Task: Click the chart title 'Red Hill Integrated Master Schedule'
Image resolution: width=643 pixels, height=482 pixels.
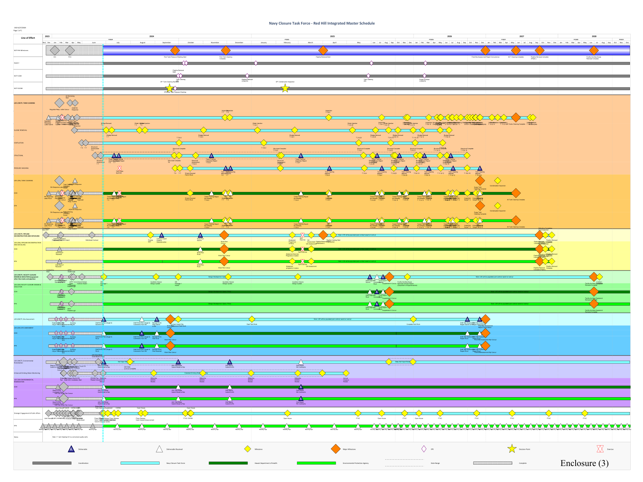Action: (x=322, y=23)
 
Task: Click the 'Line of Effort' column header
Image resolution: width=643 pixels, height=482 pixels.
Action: (x=28, y=38)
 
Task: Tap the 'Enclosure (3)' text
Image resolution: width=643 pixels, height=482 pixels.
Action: (x=584, y=463)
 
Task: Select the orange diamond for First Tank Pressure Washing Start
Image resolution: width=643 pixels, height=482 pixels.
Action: (x=175, y=50)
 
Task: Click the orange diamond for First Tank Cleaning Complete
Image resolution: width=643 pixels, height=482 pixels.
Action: (x=226, y=50)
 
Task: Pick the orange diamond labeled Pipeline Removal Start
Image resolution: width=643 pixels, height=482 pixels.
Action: (x=323, y=50)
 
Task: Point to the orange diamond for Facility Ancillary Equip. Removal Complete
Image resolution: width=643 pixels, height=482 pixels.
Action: (x=594, y=50)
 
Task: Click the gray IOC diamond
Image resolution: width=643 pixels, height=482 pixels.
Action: (x=55, y=50)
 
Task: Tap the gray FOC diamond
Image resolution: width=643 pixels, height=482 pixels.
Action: (x=70, y=50)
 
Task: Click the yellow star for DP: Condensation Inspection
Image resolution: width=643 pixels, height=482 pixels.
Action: (x=285, y=88)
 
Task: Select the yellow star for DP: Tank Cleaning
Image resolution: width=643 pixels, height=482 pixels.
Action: (x=170, y=88)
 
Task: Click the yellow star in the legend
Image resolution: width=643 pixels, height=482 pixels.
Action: (x=512, y=449)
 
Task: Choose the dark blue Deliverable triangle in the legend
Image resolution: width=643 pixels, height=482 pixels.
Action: (x=71, y=449)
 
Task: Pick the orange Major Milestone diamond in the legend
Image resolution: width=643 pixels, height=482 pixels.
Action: (x=336, y=449)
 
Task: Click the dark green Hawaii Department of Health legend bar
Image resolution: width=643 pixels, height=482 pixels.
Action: (x=228, y=463)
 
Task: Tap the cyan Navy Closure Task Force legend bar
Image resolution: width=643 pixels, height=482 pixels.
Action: (x=140, y=463)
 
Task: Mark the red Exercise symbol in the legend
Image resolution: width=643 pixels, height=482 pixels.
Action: (x=600, y=449)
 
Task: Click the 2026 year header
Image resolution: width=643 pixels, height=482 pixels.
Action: (x=450, y=36)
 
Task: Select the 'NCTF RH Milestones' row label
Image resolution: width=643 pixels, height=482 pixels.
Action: (x=21, y=51)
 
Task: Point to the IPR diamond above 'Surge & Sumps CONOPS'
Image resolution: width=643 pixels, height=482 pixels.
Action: (x=424, y=75)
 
